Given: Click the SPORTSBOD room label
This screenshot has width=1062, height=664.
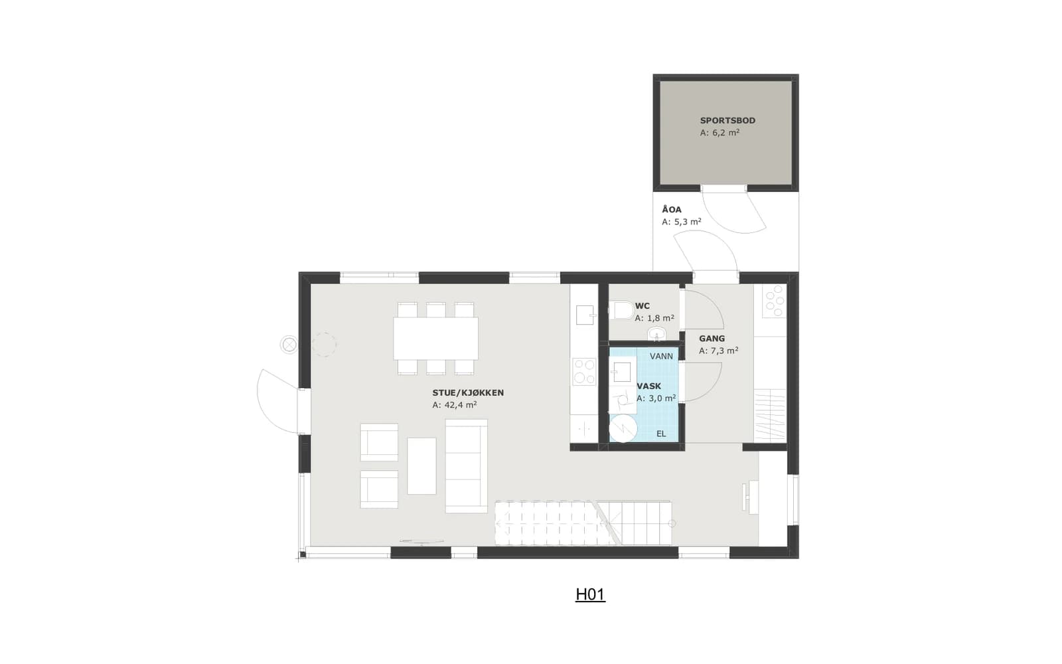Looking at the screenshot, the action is tap(727, 120).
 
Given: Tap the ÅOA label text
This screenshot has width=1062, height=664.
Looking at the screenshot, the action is tap(672, 209).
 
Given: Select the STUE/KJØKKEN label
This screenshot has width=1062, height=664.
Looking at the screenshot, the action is tap(468, 392).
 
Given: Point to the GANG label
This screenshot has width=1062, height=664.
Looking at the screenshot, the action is tap(712, 339).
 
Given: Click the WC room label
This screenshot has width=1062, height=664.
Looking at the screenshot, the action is tap(643, 306).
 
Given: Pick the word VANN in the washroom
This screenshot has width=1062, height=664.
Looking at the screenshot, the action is tap(661, 356).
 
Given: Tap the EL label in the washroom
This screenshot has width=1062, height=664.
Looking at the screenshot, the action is tap(661, 434).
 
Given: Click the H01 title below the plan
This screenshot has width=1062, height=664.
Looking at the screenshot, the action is tap(590, 594).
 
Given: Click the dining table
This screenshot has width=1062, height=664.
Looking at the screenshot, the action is tap(435, 339).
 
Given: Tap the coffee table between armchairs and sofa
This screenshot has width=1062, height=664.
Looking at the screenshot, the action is tap(421, 465).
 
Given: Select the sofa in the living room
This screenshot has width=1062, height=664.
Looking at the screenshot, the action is tap(467, 465).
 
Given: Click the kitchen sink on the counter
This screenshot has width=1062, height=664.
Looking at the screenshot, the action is tap(585, 315).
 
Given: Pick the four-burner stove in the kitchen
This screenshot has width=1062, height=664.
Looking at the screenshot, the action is tap(584, 371).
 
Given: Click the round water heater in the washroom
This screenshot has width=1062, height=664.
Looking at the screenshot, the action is tap(623, 428).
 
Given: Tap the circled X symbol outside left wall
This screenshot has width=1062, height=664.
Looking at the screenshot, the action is tap(289, 345).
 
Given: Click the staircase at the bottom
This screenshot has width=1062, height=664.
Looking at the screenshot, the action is tap(583, 523).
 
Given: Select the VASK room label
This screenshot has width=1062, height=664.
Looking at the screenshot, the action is tap(648, 386).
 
